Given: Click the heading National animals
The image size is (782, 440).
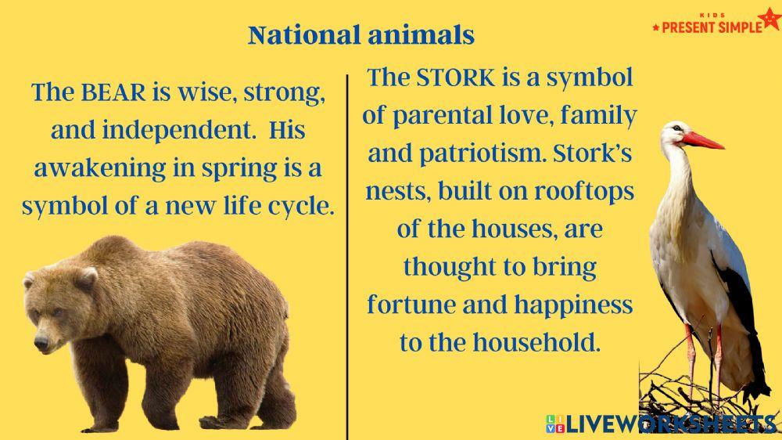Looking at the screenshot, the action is (361, 35).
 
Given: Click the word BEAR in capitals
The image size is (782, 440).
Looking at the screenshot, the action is (113, 92).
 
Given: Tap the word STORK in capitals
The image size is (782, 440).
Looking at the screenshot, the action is (456, 78).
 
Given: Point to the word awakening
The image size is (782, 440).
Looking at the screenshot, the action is (100, 169).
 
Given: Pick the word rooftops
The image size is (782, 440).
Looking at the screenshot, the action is (584, 193).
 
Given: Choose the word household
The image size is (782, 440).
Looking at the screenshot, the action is (536, 343).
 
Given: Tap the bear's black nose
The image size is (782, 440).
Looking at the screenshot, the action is (41, 343).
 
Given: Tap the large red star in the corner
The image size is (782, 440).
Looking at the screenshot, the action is (770, 19).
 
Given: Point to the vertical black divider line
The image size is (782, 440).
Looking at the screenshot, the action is (347, 257).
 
